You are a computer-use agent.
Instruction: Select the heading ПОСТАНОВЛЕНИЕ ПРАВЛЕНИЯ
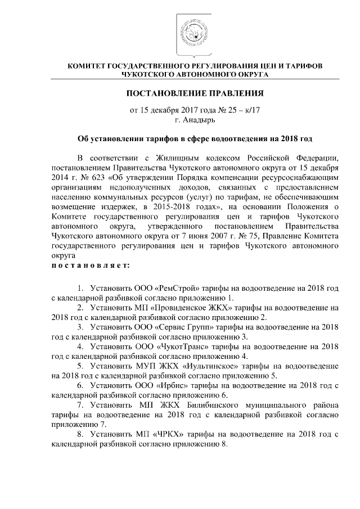195,92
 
